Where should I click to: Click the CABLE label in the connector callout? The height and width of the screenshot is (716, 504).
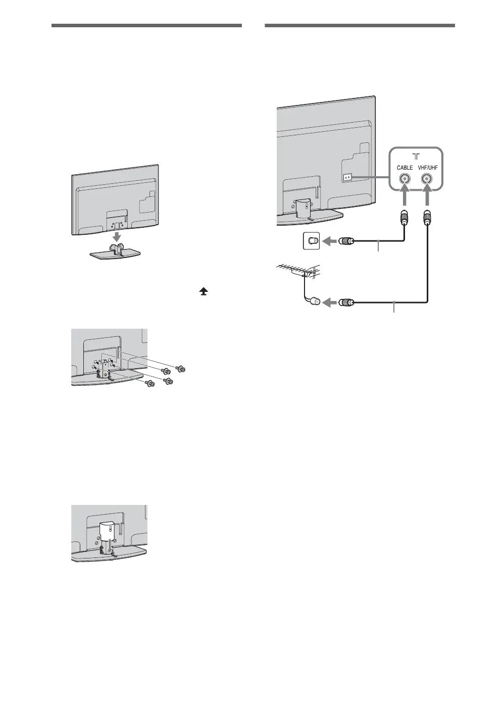(x=405, y=167)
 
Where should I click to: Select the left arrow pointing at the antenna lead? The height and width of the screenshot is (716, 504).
(x=329, y=302)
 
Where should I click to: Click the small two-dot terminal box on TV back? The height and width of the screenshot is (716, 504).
(x=347, y=178)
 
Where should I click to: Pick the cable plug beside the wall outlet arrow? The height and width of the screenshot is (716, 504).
(x=346, y=241)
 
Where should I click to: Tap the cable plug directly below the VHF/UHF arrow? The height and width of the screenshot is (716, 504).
(x=428, y=216)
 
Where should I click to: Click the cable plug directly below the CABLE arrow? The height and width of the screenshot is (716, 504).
(x=405, y=216)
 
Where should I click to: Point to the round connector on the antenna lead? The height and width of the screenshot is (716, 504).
(x=314, y=302)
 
